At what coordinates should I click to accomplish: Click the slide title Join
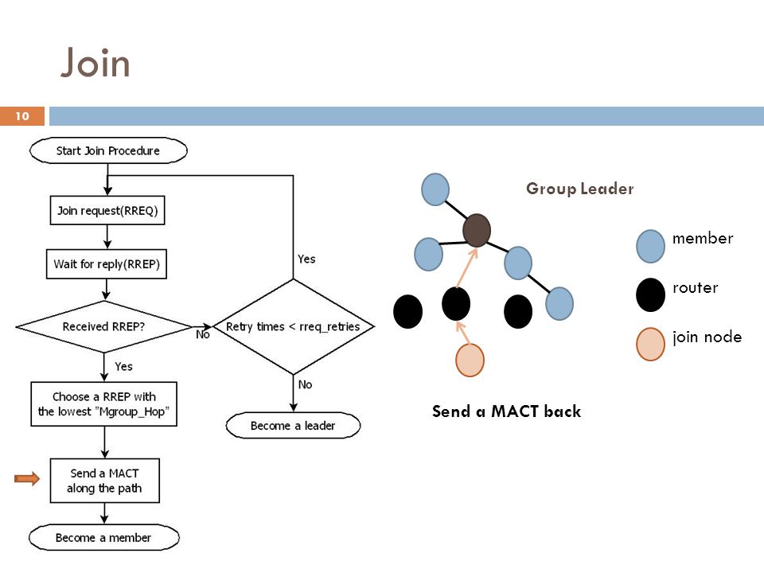coord(95,64)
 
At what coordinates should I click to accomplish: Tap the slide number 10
coord(22,116)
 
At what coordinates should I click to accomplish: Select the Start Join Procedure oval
coord(108,150)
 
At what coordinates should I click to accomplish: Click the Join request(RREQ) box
coord(107,210)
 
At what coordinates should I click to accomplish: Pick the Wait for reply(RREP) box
coord(106,264)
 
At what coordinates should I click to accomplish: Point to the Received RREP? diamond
coord(103,326)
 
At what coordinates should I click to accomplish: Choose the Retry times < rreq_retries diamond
coord(294,326)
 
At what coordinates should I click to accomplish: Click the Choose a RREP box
coord(103,404)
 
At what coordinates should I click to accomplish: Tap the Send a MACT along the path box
coord(105,481)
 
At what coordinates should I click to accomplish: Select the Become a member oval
coord(103,537)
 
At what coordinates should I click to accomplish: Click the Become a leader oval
coord(293,425)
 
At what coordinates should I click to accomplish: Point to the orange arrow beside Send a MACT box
coord(27,479)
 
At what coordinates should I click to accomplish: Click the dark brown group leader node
coord(477,230)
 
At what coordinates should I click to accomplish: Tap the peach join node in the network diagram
coord(470,360)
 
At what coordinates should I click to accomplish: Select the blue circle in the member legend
coord(650,246)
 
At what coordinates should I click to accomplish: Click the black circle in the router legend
coord(650,294)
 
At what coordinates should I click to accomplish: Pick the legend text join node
coord(707,337)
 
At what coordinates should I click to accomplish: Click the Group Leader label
coord(580,189)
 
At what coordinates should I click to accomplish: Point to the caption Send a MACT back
coord(507,411)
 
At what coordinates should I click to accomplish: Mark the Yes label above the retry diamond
coord(306,259)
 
